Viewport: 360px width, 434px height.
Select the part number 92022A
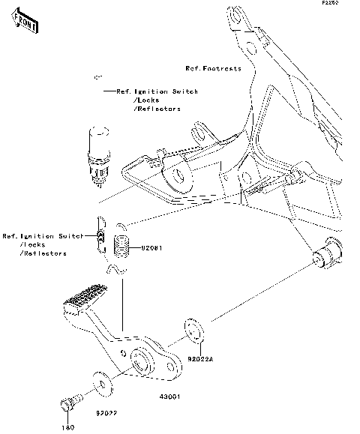pos(200,359)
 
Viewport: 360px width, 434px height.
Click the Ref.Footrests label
pos(214,68)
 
